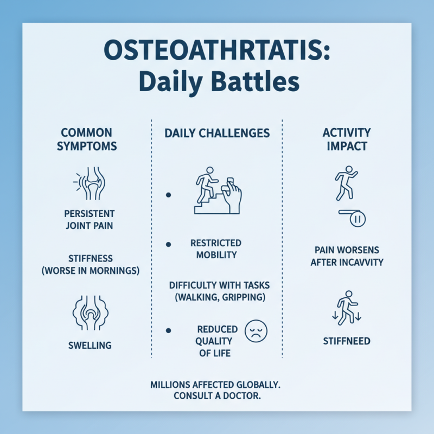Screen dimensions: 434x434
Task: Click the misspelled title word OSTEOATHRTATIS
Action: (x=217, y=54)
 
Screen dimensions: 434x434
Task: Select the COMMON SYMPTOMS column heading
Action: (x=86, y=139)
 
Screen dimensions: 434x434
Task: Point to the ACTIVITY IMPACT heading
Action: (x=347, y=139)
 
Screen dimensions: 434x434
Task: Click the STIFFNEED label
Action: (x=347, y=341)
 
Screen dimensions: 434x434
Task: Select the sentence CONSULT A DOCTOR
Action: (x=217, y=396)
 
